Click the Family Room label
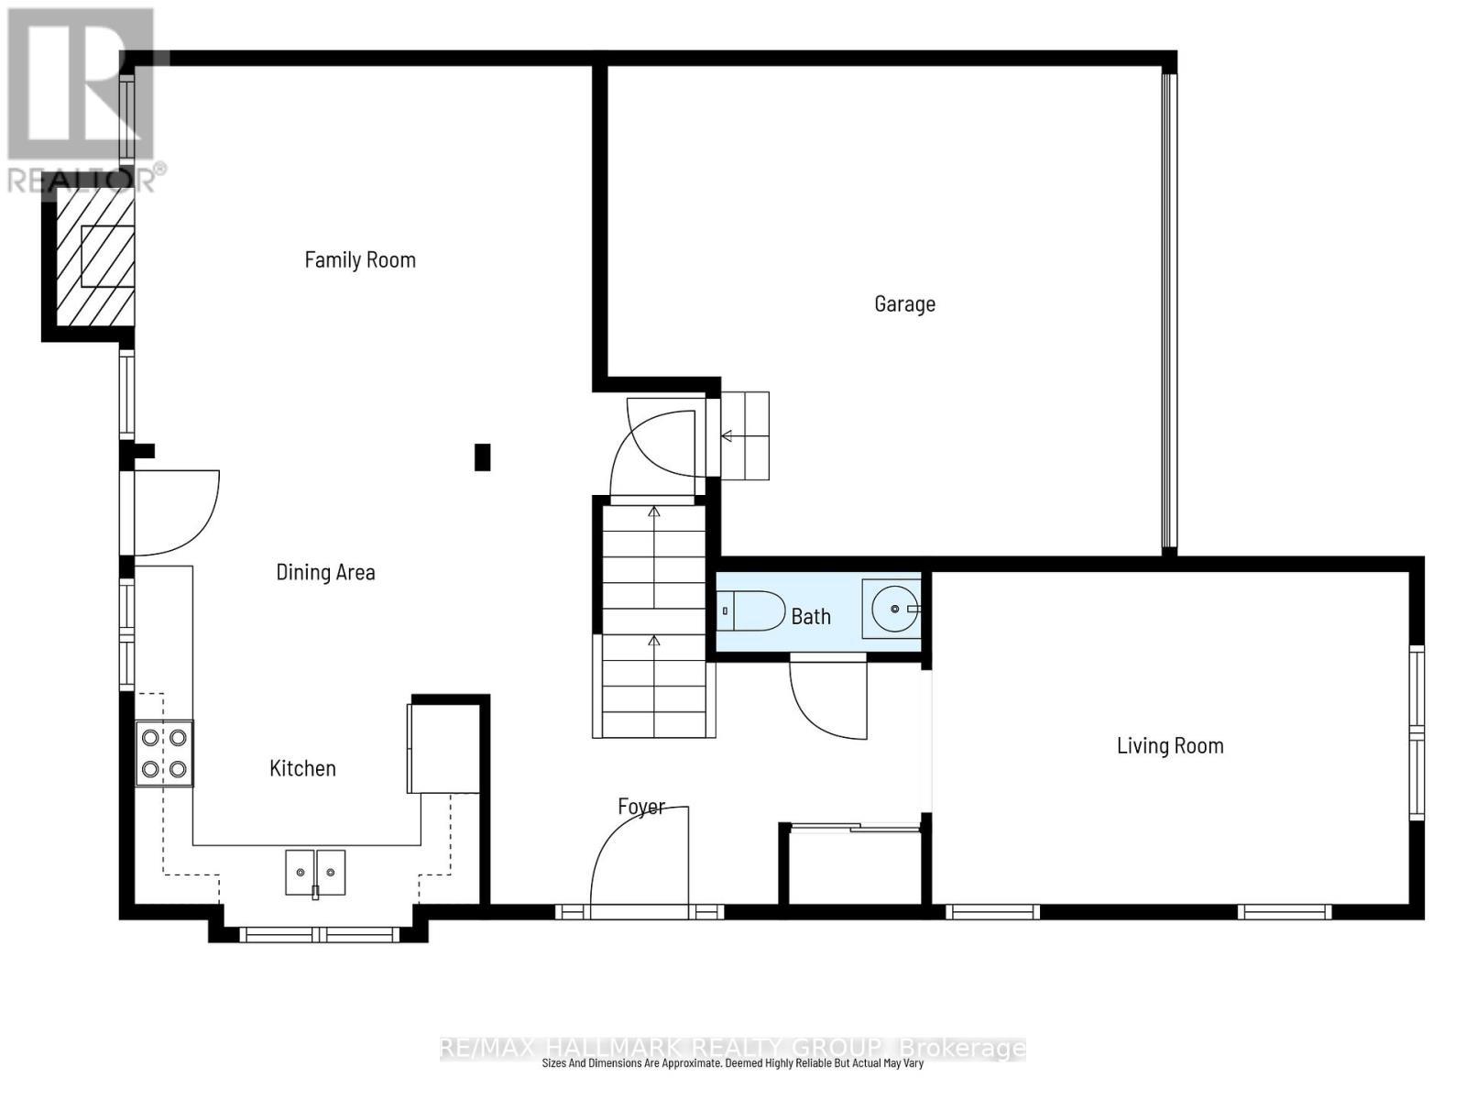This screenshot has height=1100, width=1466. [x=360, y=260]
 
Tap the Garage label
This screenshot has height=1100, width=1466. [x=904, y=303]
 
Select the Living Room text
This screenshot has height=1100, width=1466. [x=1169, y=745]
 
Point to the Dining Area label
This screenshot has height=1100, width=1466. [x=325, y=573]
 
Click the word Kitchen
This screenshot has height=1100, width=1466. [x=302, y=768]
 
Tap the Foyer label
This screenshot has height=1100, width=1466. [x=640, y=807]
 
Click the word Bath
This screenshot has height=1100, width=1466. [x=811, y=617]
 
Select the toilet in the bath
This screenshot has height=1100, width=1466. [x=752, y=610]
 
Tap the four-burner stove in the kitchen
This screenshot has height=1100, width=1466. [x=165, y=753]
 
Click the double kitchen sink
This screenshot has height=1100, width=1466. [x=315, y=873]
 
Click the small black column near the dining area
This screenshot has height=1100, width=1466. [x=482, y=456]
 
